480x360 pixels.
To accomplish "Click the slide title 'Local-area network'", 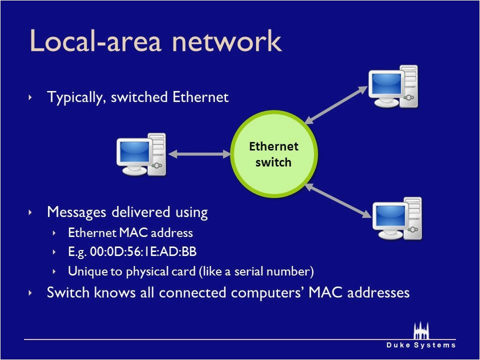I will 155,41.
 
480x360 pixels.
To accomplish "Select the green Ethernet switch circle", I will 273,154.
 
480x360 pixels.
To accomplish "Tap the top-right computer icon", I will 392,86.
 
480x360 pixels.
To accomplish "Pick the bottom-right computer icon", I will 397,218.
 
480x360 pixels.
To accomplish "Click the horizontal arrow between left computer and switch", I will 202,154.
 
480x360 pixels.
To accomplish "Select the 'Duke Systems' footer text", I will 420,345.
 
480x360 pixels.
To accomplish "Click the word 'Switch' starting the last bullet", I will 65,292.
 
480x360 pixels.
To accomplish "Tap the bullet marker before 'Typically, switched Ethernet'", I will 30,97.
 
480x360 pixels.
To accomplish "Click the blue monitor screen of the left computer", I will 133,151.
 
